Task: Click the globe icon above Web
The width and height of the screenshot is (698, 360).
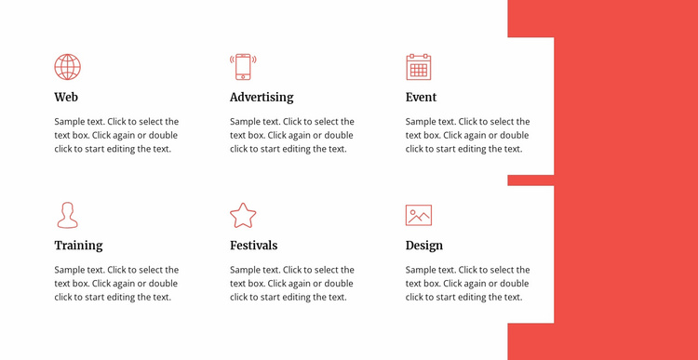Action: tap(67, 67)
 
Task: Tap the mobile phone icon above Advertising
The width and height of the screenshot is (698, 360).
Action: tap(243, 67)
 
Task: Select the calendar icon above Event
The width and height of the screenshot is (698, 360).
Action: tap(419, 67)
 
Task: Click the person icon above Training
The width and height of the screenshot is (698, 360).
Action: tap(67, 215)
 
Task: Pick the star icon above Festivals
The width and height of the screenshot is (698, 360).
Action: tap(243, 215)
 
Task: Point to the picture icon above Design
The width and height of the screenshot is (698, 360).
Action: tap(419, 215)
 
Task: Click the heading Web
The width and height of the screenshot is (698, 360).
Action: tap(66, 97)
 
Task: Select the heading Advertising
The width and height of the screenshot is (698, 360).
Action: tap(262, 97)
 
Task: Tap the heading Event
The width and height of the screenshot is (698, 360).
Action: tap(421, 97)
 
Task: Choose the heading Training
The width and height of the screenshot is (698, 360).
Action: tap(78, 246)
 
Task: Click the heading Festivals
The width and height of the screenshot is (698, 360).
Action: tap(253, 246)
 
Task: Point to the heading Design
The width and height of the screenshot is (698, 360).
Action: tap(424, 246)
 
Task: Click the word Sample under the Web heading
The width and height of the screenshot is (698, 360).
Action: tap(70, 122)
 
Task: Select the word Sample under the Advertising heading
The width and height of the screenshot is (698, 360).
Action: tap(246, 122)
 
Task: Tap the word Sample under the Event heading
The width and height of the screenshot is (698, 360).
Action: tap(422, 122)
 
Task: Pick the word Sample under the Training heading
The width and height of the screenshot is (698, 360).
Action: tap(70, 270)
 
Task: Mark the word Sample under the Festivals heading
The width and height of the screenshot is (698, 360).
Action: tap(246, 270)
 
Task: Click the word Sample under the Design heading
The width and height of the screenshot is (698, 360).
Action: tap(422, 270)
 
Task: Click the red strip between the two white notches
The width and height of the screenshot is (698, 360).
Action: tap(530, 180)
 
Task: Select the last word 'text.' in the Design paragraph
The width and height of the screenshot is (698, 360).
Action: tap(512, 298)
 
